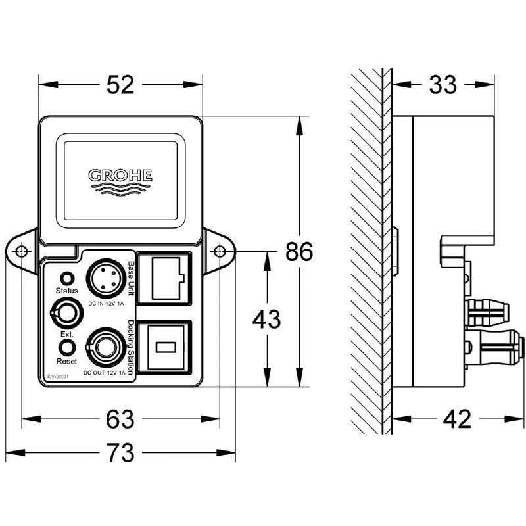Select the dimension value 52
pos(120,85)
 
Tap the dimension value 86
pos(300,251)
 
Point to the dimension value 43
pos(266,320)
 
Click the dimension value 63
pos(120,418)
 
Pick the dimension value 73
pos(120,453)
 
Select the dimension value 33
pos(443,85)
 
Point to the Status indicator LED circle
pos(66,277)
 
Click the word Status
pos(66,291)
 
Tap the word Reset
pos(66,362)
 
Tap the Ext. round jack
pos(65,313)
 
